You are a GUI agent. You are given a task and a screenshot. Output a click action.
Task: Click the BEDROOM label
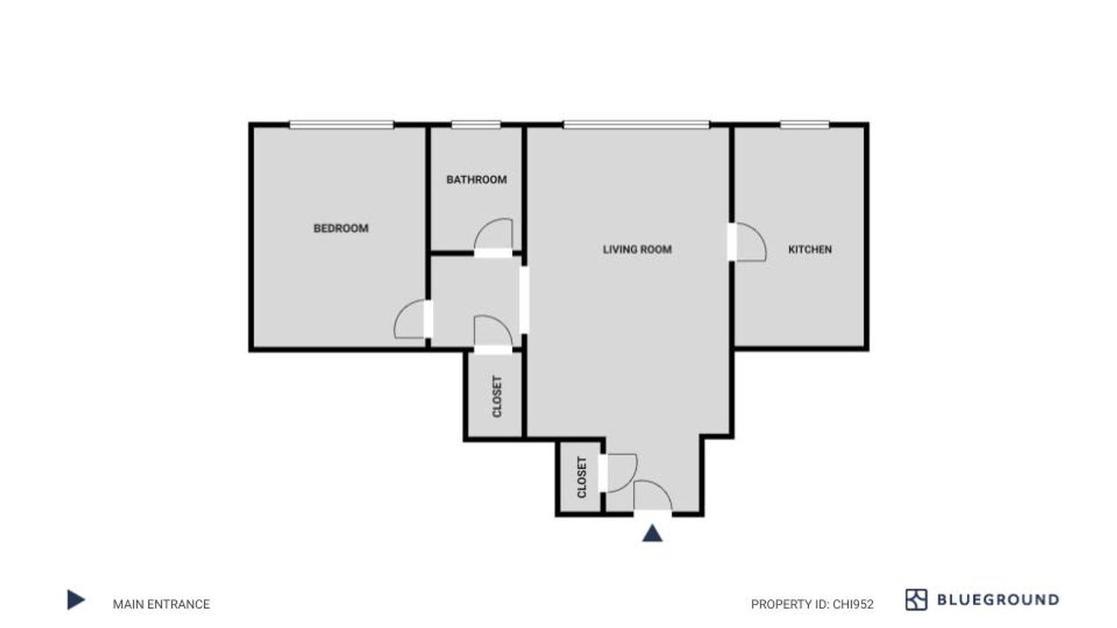[341, 228]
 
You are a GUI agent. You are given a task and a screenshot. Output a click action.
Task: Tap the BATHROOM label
[476, 179]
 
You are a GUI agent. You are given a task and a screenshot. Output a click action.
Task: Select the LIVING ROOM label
[637, 250]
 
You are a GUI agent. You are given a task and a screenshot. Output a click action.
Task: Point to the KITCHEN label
[810, 250]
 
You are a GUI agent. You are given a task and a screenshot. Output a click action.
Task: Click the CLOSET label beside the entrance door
[582, 477]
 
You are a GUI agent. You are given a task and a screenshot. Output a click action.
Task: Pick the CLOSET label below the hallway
[497, 397]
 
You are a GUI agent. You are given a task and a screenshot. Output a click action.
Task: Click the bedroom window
[341, 125]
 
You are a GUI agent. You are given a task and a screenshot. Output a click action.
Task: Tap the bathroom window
[475, 125]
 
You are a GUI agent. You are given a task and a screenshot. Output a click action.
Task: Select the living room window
[636, 125]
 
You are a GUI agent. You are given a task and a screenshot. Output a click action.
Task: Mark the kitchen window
[805, 125]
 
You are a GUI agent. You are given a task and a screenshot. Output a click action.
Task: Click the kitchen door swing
[750, 242]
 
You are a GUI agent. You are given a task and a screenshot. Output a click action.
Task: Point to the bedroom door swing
[411, 320]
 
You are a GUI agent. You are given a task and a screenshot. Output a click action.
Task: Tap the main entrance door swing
[653, 495]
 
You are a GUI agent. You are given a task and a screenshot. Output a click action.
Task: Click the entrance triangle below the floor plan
[653, 533]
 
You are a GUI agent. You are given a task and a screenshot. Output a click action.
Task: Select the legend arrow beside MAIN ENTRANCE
[76, 600]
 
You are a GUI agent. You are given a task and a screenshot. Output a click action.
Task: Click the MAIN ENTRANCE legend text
[161, 604]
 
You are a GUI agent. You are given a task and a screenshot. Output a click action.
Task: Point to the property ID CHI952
[812, 604]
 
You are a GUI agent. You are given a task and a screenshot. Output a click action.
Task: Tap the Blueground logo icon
[916, 600]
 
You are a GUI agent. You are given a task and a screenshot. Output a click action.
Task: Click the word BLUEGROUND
[998, 600]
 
